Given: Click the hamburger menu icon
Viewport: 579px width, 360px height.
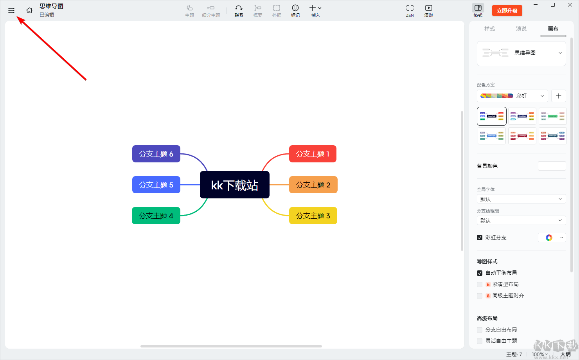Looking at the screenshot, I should pos(11,11).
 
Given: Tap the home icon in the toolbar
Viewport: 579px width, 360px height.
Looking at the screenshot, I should pos(29,11).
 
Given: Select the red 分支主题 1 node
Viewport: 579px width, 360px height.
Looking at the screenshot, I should pos(313,154).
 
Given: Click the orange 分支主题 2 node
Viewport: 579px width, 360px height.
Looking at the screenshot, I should pos(313,185).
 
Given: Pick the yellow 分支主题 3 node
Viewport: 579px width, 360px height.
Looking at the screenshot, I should pos(313,216).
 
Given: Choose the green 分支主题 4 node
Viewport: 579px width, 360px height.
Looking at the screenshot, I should pos(156,216).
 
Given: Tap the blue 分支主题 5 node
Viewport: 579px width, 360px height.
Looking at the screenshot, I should pos(156,185).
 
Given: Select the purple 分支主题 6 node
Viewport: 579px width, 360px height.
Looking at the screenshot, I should pos(156,154).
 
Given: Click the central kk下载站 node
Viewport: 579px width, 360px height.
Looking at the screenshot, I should pos(235,185).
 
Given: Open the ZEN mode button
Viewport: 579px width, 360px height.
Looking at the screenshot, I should pos(410,11).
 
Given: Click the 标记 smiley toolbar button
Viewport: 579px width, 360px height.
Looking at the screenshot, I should pos(295,11).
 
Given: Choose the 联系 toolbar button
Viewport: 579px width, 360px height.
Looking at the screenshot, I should pos(239,11).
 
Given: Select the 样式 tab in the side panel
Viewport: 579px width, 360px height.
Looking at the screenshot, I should pos(489,29).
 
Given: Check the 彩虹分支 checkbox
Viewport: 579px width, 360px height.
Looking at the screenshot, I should pos(480,238).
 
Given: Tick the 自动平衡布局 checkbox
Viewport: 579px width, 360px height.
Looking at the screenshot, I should pos(480,273).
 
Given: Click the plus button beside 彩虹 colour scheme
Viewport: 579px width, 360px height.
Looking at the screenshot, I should pos(558,96).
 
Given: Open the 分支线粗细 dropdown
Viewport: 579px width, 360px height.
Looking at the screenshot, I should pos(521,221).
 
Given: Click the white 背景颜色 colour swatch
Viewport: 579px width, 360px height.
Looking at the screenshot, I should pos(552,166).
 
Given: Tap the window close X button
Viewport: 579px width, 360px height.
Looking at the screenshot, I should pos(570,5).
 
